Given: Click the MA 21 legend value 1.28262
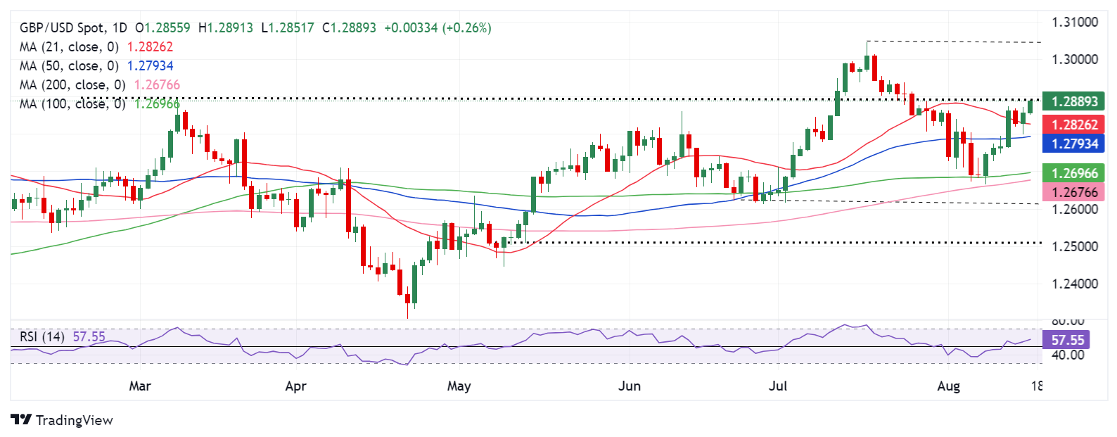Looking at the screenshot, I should (x=149, y=47).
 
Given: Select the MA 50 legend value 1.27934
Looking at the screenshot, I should (x=150, y=66).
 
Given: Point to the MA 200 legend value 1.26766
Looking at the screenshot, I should (x=157, y=85).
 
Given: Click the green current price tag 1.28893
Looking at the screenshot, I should (x=1074, y=101).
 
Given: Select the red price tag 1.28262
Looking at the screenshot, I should (x=1074, y=125).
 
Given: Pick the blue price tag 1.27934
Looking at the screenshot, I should (x=1074, y=144).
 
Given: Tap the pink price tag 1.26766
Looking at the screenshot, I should (x=1074, y=192).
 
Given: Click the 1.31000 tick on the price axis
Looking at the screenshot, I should (x=1074, y=23).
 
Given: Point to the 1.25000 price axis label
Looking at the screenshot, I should (x=1074, y=247).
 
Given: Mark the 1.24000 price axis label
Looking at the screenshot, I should (x=1074, y=284).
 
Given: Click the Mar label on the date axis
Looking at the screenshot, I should (x=140, y=386).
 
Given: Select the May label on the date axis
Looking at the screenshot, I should (x=459, y=386).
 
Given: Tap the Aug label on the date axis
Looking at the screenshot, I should (x=948, y=386).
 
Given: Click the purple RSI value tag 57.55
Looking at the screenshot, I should (x=1068, y=341).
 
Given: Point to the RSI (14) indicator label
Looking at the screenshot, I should (x=42, y=336).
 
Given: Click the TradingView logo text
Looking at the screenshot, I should (x=74, y=420).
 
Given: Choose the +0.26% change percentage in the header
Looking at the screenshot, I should (x=466, y=28).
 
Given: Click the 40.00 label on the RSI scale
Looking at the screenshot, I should (x=1067, y=355).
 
